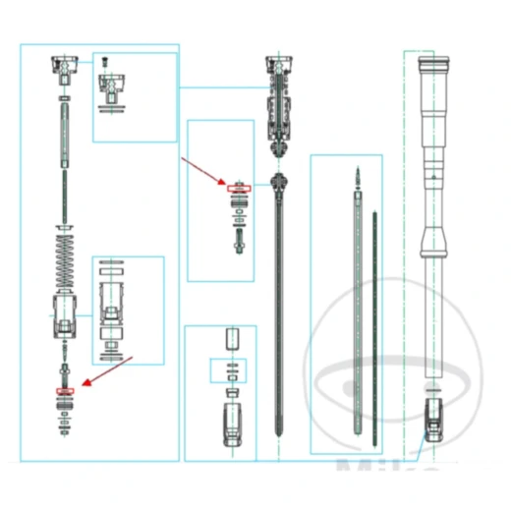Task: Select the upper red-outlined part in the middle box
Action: tap(239, 188)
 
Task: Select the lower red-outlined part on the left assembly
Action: tap(66, 391)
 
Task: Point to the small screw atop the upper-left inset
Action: tap(107, 63)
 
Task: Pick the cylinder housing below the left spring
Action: tap(65, 314)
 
